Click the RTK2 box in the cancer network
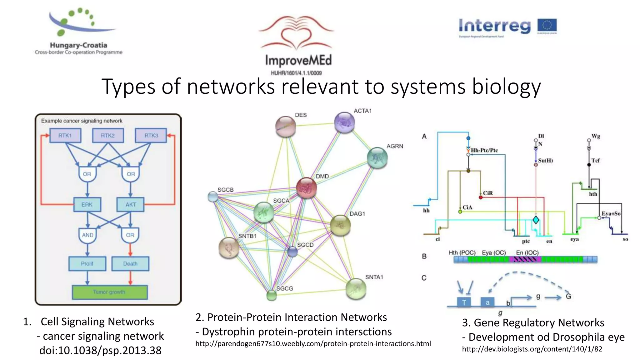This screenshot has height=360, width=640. (x=108, y=136)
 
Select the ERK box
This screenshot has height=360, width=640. (x=87, y=204)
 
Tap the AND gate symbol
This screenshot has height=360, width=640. (x=87, y=235)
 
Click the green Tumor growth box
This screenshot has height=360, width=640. (x=109, y=292)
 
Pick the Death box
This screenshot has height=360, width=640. (x=130, y=263)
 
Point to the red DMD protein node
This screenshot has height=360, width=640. (x=306, y=188)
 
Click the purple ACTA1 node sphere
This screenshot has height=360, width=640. (x=344, y=122)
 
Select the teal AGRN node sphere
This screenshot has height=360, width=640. (x=377, y=158)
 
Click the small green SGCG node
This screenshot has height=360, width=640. (x=272, y=295)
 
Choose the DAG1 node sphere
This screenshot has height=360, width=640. (x=340, y=225)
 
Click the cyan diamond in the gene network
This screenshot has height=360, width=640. (x=536, y=220)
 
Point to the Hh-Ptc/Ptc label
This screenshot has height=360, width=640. (x=484, y=150)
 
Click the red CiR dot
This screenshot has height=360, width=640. (x=481, y=197)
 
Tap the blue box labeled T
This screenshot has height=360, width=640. (x=464, y=302)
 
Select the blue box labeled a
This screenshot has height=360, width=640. (x=487, y=302)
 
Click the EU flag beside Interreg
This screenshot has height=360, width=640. (x=547, y=26)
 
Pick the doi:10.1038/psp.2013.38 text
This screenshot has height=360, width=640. (x=100, y=350)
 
